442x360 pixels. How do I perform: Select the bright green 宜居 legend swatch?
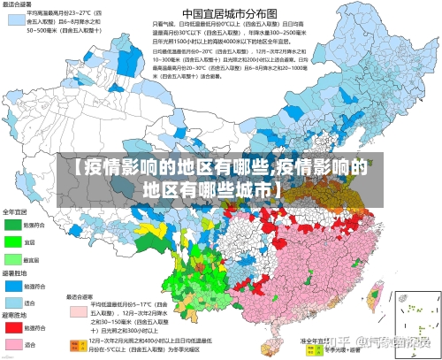(x=12, y=241)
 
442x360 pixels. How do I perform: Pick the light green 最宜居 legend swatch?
(x=12, y=259)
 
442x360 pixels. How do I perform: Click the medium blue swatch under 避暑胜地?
(x=12, y=287)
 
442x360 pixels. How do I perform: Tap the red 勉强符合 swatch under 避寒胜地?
(x=12, y=328)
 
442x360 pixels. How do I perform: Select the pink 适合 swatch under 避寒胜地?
(x=12, y=344)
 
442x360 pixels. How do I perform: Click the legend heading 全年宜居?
(x=15, y=212)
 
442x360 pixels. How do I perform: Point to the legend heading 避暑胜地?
(x=15, y=274)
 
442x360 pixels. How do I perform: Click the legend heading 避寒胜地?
(x=15, y=315)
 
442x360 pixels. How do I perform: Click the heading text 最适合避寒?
(x=82, y=297)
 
